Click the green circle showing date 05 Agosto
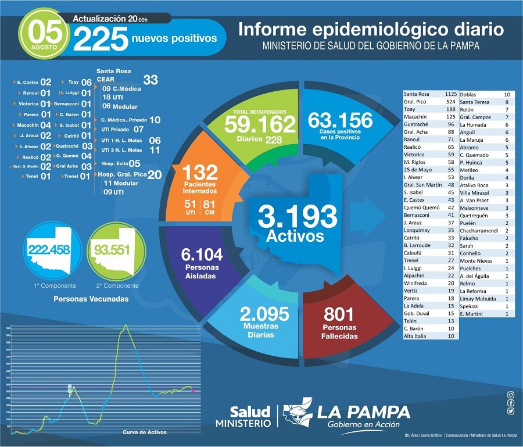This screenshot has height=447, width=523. (43, 34)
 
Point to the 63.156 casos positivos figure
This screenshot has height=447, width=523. (341, 120)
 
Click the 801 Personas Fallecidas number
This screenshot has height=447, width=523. (339, 314)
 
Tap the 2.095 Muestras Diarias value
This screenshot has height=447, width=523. (264, 314)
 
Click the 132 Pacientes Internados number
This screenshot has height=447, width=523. (200, 172)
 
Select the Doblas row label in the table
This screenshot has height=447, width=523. (470, 94)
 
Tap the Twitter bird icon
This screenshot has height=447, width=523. (510, 411)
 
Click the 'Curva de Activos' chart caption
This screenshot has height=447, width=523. (145, 432)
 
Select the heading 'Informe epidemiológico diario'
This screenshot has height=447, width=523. (371, 29)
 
